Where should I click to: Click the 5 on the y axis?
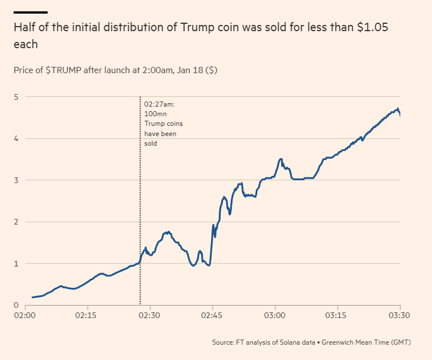(16, 97)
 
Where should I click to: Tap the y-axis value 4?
(16, 138)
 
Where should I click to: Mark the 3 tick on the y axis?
(16, 180)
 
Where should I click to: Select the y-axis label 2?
(16, 222)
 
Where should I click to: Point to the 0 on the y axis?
(16, 305)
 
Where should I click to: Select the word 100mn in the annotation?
(155, 115)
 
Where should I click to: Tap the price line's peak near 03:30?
(398, 108)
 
